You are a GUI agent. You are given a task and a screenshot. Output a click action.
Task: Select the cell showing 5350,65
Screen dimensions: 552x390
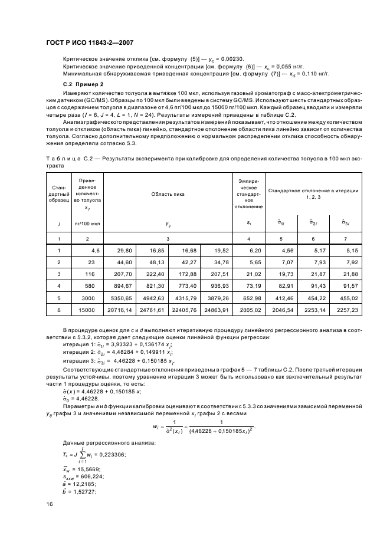coord(121,298)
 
